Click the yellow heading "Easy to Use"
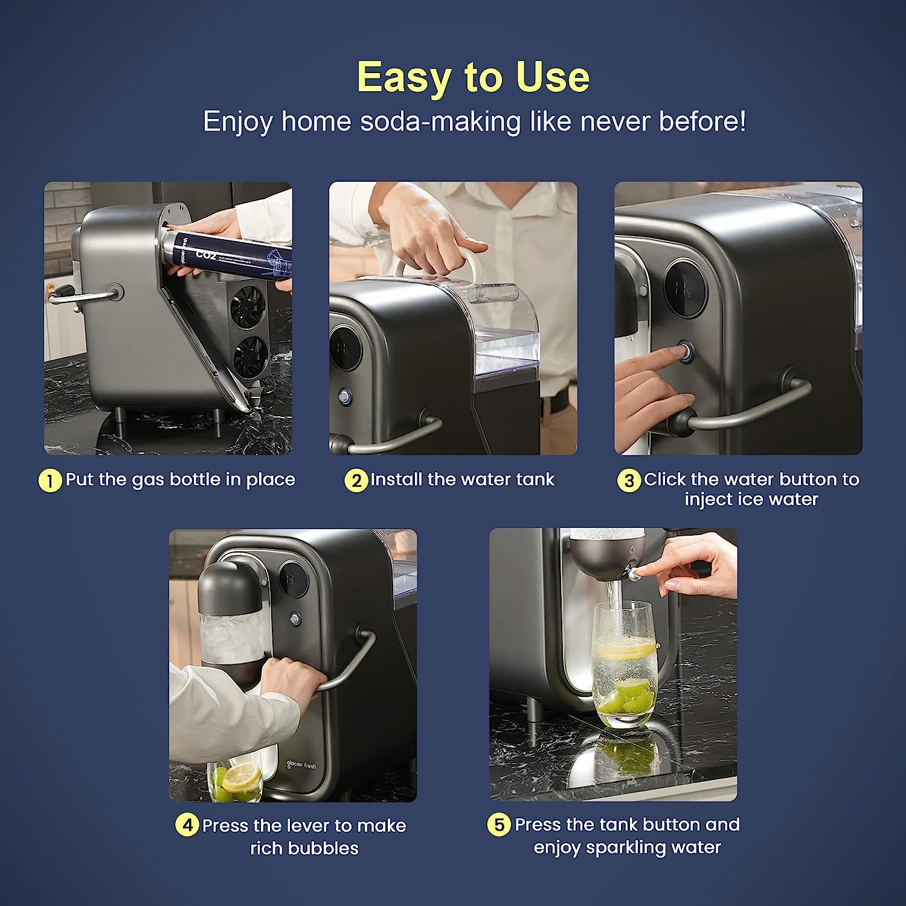(473, 77)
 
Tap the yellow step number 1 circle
(50, 481)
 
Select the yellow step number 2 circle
(356, 481)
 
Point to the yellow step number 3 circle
(629, 481)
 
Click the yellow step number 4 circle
(187, 825)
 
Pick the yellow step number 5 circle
(499, 824)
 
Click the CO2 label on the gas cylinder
(205, 255)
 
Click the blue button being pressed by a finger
(686, 350)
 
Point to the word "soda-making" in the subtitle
(440, 121)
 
